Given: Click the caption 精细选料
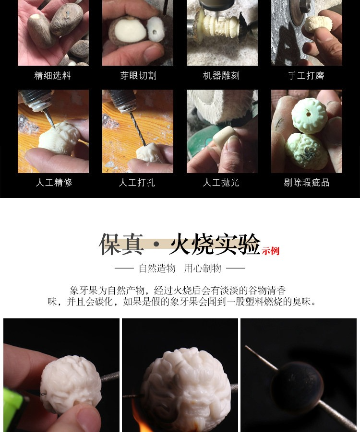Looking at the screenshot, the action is click(52, 75).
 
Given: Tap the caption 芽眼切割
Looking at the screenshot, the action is click(138, 75).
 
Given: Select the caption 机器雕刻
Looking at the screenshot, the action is click(221, 75).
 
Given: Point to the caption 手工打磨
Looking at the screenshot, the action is click(306, 75).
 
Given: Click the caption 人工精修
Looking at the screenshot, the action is click(54, 182).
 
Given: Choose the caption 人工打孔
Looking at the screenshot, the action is click(137, 182).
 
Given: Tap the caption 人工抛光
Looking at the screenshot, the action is click(221, 182).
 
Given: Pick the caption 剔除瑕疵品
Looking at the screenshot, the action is click(307, 182).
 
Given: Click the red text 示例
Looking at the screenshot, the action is click(271, 251).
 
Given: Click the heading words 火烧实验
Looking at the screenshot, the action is click(215, 244).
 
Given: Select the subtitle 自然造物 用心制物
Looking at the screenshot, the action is click(180, 268).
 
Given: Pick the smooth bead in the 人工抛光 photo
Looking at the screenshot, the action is click(224, 139).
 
